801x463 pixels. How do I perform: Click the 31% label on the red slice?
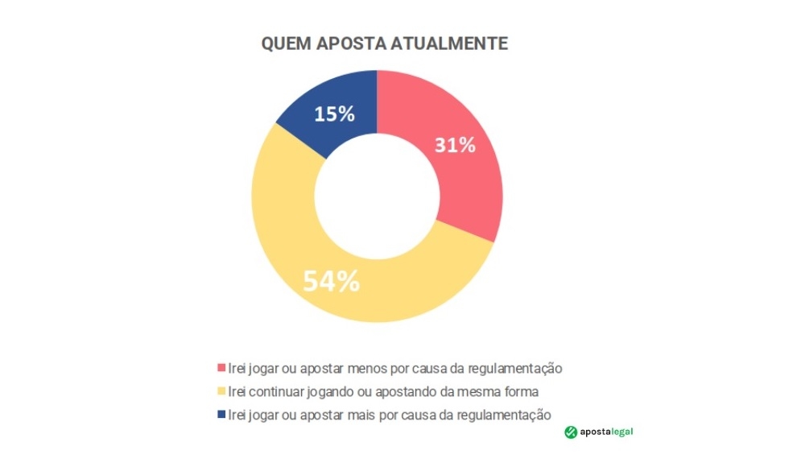tap(455, 146)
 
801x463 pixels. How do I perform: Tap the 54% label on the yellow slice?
tap(331, 281)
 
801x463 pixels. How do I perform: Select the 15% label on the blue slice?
tap(334, 114)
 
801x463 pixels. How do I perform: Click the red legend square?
tap(221, 369)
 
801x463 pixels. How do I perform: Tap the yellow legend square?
tap(221, 392)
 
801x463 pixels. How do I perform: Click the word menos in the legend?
tap(363, 369)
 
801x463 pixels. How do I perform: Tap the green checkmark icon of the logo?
tap(571, 432)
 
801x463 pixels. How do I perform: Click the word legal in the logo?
tap(621, 432)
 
